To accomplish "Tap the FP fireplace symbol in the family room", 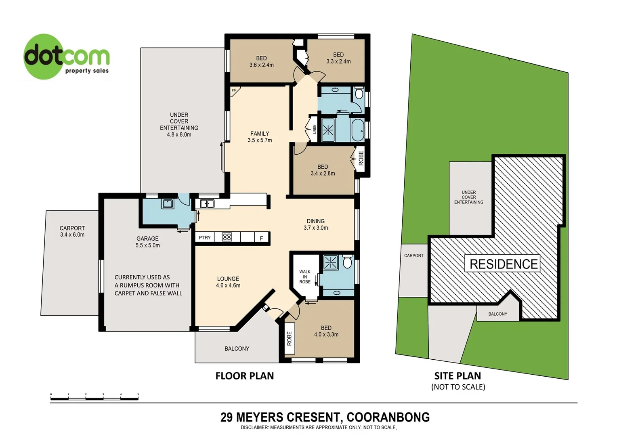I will pyautogui.click(x=234, y=91).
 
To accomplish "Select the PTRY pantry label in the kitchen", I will pyautogui.click(x=205, y=238).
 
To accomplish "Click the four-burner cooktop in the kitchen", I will pyautogui.click(x=227, y=237).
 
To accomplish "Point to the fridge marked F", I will pyautogui.click(x=261, y=238).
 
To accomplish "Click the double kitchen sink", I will pyautogui.click(x=207, y=204).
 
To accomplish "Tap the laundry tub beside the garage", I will pyautogui.click(x=168, y=203).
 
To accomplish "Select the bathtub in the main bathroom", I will pyautogui.click(x=358, y=130).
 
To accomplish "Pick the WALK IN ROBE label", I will pyautogui.click(x=305, y=277).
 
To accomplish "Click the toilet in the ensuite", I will pyautogui.click(x=347, y=262).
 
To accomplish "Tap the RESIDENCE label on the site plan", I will pyautogui.click(x=504, y=264).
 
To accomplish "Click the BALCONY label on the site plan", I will pyautogui.click(x=497, y=314).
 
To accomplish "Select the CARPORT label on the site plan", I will pyautogui.click(x=414, y=256).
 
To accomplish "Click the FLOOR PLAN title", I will pyautogui.click(x=245, y=376).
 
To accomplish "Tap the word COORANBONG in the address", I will pyautogui.click(x=388, y=417).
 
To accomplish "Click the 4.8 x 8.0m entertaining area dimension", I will pyautogui.click(x=179, y=134).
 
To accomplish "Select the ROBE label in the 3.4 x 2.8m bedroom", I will pyautogui.click(x=361, y=158).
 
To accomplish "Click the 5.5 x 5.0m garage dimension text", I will pyautogui.click(x=147, y=245).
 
